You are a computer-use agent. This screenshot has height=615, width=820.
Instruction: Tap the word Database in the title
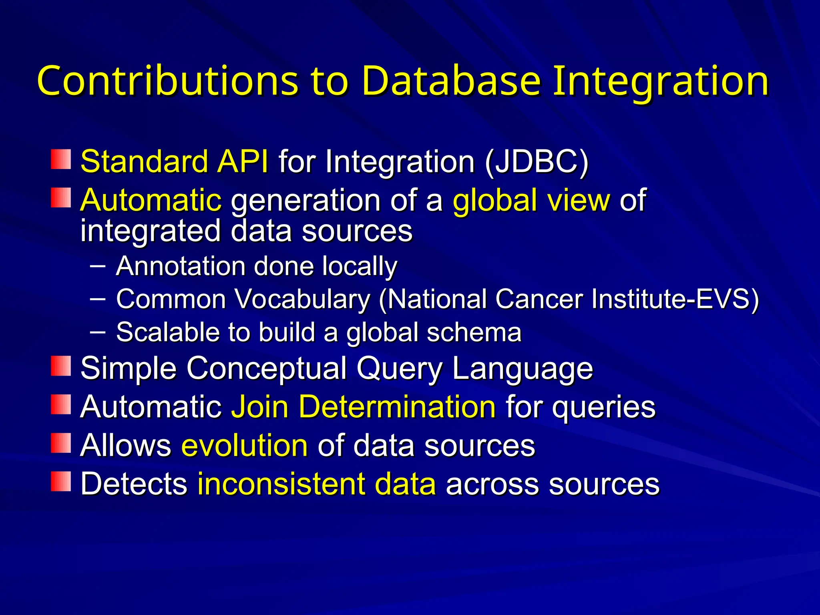coord(451,81)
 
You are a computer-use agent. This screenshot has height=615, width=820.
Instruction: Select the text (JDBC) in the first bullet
coord(536,162)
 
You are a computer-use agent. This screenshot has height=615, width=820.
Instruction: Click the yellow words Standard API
coord(174,162)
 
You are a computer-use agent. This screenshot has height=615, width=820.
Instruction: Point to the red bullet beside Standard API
coord(61,159)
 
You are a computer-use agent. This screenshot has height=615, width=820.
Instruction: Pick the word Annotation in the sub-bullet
coord(181,266)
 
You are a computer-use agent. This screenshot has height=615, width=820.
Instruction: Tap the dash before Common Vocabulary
coord(98,298)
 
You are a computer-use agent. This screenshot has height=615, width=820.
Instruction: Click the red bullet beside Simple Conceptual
coord(61,366)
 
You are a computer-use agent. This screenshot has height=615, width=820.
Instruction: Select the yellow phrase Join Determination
coord(364,407)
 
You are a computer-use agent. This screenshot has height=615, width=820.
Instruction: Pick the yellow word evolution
coord(245,445)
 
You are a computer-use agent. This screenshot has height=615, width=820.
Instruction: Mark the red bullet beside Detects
coord(61,481)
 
